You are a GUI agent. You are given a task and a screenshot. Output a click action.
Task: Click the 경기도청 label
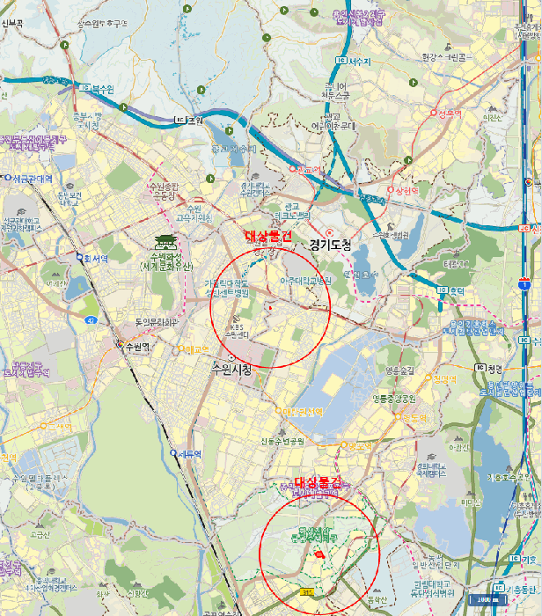[330, 246]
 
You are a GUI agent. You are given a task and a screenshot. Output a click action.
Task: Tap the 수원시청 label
[231, 370]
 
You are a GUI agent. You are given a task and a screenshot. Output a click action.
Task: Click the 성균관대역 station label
[33, 178]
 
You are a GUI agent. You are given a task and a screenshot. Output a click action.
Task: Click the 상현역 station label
[407, 190]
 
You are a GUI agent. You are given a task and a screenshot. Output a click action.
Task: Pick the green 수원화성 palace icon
[160, 244]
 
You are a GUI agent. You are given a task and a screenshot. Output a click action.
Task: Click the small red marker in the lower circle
[319, 555]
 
